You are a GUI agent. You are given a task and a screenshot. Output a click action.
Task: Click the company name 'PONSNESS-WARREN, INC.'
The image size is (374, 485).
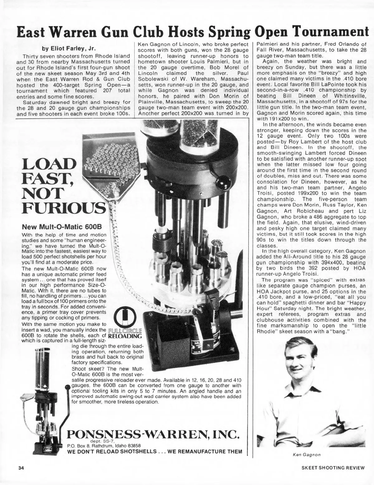153,434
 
